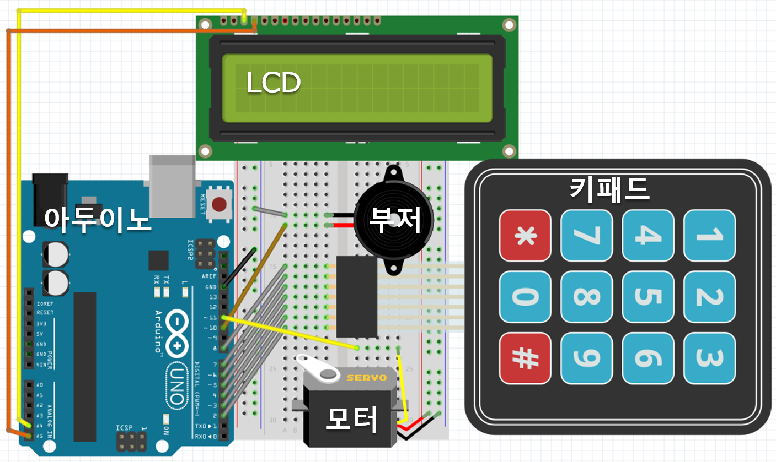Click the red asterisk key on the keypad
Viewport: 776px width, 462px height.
click(x=525, y=235)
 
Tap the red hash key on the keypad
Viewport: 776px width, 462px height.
click(x=525, y=358)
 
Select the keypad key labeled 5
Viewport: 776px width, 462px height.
click(x=648, y=297)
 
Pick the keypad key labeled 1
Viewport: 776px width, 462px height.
click(x=709, y=235)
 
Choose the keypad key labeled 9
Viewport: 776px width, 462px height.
click(x=586, y=358)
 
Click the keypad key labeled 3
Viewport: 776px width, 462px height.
click(x=709, y=358)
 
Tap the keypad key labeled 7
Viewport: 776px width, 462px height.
click(x=586, y=235)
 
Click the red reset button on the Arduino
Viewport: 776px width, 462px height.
click(x=220, y=205)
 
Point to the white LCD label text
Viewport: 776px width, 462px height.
click(x=273, y=83)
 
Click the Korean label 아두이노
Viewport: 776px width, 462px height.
click(x=98, y=218)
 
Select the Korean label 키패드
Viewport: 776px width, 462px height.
click(x=609, y=189)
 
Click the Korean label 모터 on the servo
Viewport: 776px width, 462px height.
click(x=351, y=420)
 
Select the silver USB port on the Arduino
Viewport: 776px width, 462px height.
click(x=172, y=184)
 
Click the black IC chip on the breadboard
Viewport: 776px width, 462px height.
click(x=356, y=296)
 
